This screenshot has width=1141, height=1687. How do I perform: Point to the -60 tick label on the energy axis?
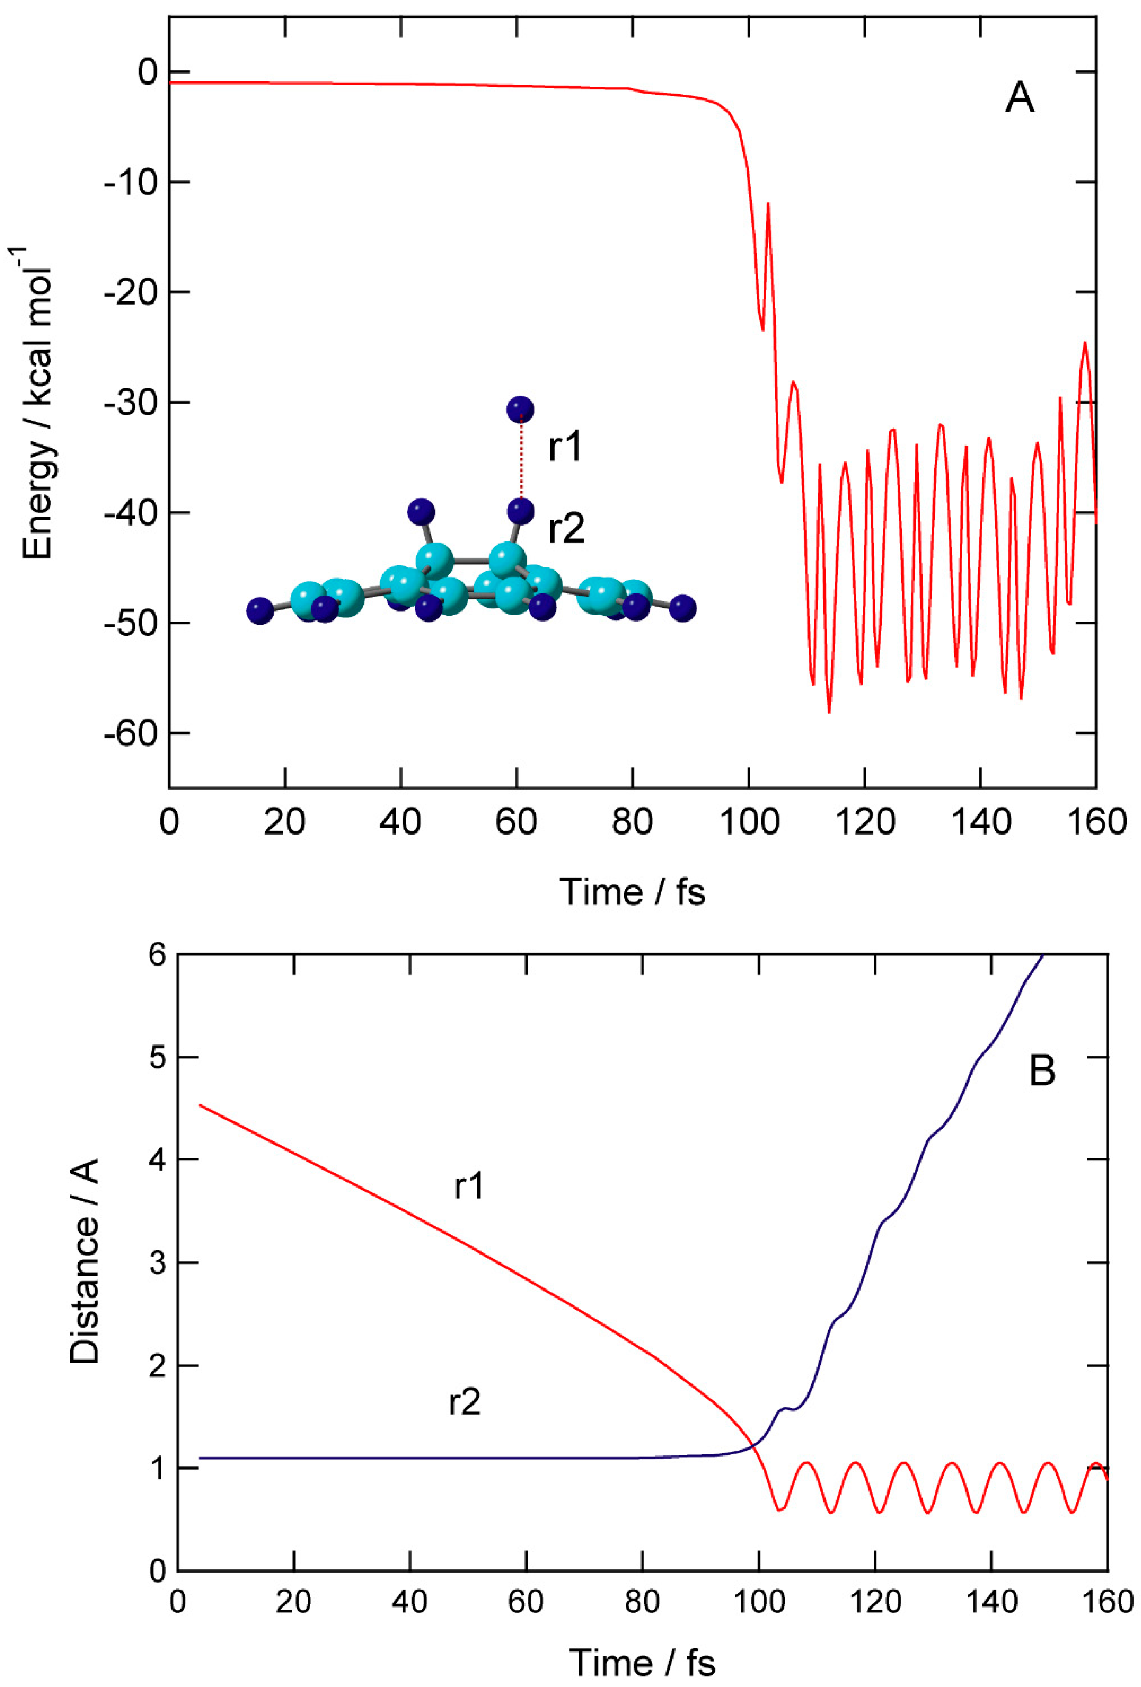point(130,733)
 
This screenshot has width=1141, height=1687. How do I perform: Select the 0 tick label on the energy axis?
point(147,72)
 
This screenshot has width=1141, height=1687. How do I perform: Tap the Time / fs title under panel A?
point(631,892)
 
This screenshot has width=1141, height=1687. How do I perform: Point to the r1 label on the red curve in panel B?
point(469,1186)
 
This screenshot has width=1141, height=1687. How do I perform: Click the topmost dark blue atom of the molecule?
point(519,409)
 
